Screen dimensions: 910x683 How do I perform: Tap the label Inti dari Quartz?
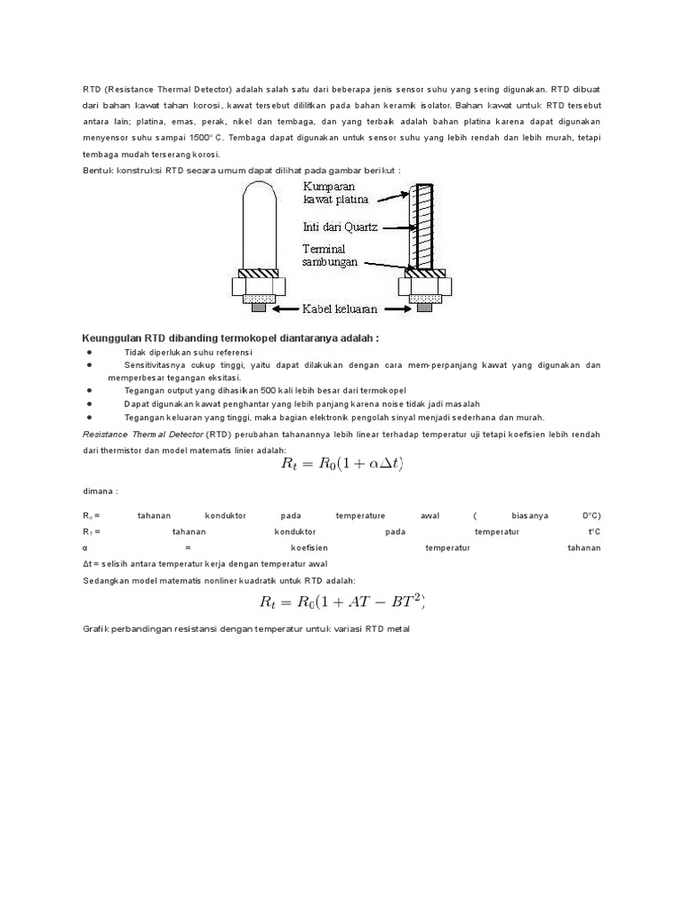point(339,227)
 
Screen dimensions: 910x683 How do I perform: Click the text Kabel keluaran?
point(340,309)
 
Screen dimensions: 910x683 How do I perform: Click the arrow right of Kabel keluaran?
point(396,309)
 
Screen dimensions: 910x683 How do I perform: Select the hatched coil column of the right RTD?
point(422,227)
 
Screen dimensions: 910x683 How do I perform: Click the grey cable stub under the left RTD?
point(258,307)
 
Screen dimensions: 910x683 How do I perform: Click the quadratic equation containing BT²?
point(343,603)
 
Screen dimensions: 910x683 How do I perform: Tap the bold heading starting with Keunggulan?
point(230,339)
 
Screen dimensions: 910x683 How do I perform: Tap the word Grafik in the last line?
point(96,629)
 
